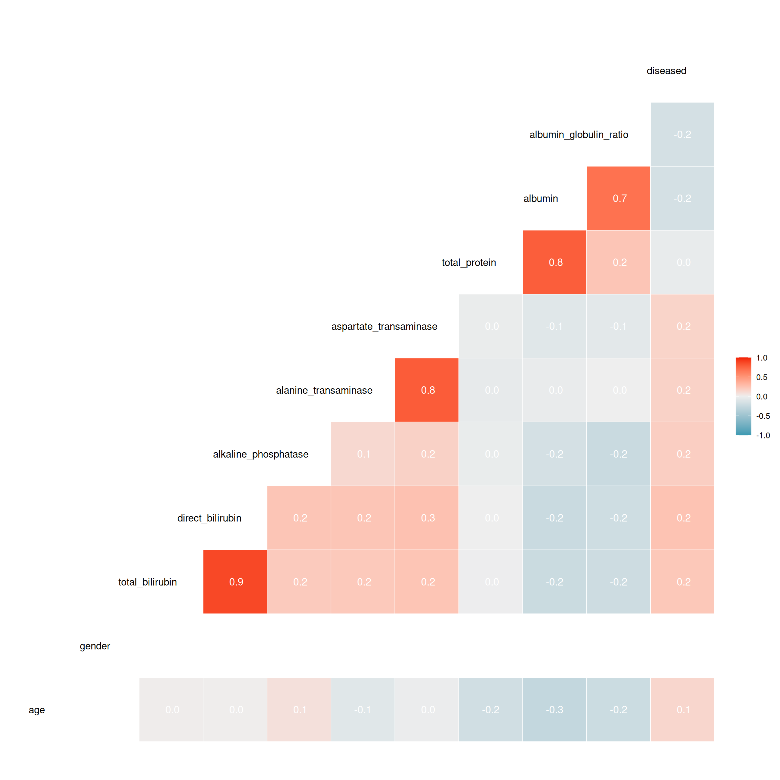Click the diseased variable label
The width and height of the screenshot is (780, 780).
pyautogui.click(x=666, y=71)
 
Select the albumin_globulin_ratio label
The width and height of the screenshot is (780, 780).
pyautogui.click(x=579, y=135)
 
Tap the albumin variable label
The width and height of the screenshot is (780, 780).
pyautogui.click(x=541, y=199)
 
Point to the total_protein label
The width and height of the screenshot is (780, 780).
pyautogui.click(x=469, y=262)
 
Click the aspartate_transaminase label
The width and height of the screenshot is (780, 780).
pyautogui.click(x=384, y=327)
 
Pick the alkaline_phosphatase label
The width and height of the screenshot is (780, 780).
pyautogui.click(x=260, y=454)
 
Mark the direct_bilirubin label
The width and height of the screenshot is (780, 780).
pyautogui.click(x=209, y=518)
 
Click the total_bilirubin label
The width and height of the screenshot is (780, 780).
pyautogui.click(x=147, y=582)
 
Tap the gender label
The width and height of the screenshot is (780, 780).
pyautogui.click(x=95, y=646)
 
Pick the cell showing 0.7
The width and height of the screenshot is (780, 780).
pyautogui.click(x=619, y=198)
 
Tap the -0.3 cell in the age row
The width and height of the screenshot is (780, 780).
pyautogui.click(x=554, y=709)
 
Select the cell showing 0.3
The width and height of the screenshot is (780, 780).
pyautogui.click(x=427, y=518)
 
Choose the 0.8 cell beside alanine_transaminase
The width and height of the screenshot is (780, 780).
pyautogui.click(x=427, y=390)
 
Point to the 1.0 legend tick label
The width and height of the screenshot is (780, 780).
pyautogui.click(x=761, y=358)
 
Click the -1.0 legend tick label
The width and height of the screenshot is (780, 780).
pyautogui.click(x=763, y=436)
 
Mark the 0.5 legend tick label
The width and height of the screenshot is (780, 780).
pyautogui.click(x=761, y=377)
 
